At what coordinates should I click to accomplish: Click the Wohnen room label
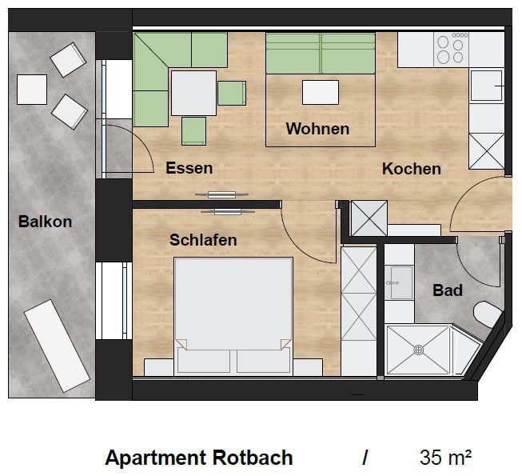pos(317,129)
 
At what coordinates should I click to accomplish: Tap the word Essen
pos(189,168)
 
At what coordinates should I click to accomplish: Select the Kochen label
pos(412,169)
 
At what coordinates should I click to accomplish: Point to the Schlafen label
pos(203,240)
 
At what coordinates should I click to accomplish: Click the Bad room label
pos(448,290)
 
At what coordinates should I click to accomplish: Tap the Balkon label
pos(45,222)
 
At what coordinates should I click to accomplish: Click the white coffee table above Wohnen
pos(321,92)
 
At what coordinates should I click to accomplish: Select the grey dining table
pos(193,94)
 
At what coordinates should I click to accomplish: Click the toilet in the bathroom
pos(487,314)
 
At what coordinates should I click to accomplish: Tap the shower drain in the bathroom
pos(418,350)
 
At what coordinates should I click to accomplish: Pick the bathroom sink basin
pos(402,283)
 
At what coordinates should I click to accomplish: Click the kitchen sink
pos(486,86)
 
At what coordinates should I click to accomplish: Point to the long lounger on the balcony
pos(57,346)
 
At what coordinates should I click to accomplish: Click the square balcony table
pos(32,90)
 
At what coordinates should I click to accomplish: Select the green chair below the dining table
pos(193,131)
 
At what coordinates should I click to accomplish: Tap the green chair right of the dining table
pos(232,93)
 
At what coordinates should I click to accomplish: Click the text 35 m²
pos(445,458)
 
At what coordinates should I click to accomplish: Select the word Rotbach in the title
pos(253,458)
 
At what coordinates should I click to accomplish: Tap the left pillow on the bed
pos(203,360)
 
